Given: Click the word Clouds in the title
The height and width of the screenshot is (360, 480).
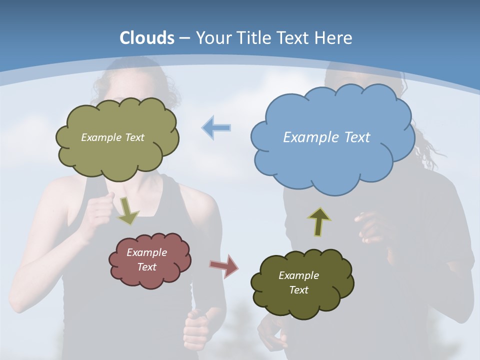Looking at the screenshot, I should click(x=147, y=38).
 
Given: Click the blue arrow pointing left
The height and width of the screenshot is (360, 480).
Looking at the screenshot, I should click(x=216, y=127).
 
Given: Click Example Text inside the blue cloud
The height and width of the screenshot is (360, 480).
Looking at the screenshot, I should click(x=326, y=137).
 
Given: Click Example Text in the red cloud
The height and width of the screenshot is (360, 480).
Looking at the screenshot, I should click(x=146, y=259).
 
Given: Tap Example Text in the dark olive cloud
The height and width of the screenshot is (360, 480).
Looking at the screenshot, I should click(x=298, y=282).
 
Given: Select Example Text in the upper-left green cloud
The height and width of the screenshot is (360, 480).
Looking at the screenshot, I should click(x=112, y=137).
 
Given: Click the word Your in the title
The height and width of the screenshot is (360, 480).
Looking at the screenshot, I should click(x=214, y=38).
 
